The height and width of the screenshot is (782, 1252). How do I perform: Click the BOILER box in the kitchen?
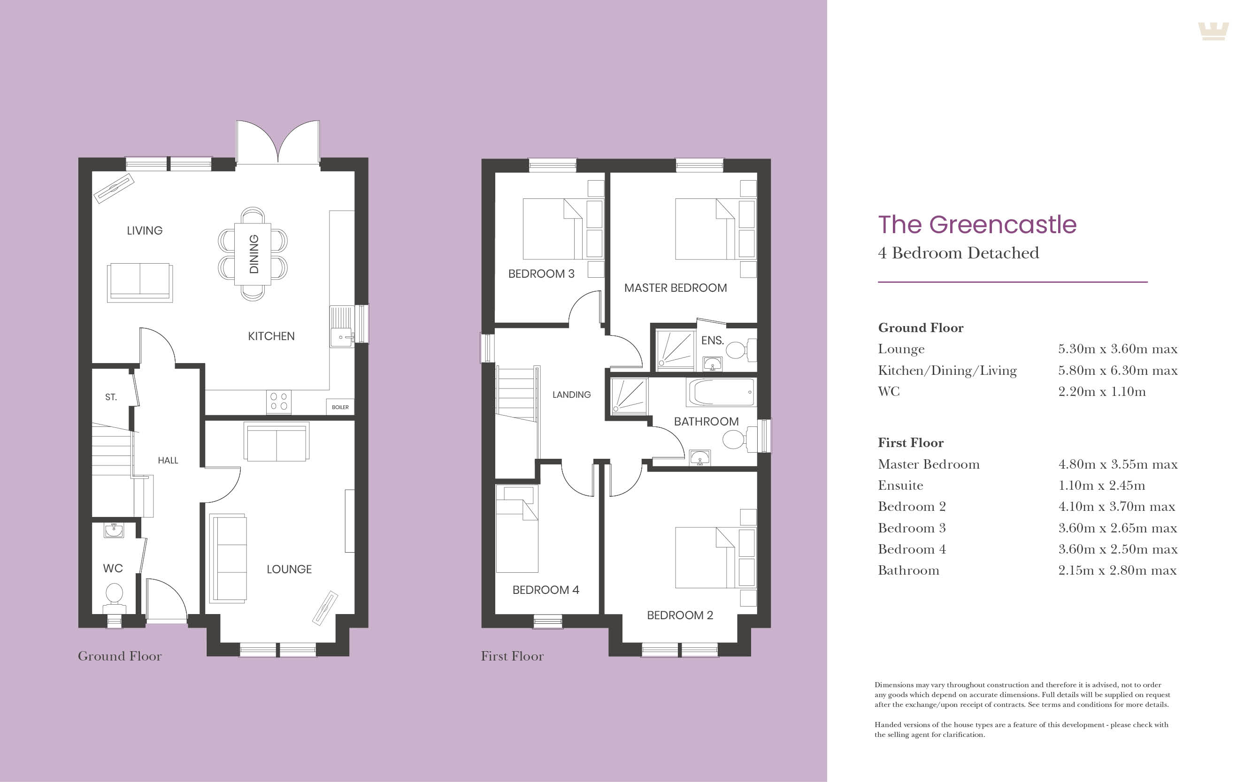click(x=340, y=407)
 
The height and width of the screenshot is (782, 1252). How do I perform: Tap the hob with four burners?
click(x=278, y=402)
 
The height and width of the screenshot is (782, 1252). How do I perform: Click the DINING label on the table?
click(x=253, y=254)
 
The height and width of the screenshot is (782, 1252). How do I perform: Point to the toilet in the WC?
click(x=114, y=595)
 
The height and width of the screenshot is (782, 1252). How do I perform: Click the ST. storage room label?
click(x=111, y=397)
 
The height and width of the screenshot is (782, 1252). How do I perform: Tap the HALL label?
click(x=168, y=460)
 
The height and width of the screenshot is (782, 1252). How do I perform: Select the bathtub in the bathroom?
click(x=721, y=393)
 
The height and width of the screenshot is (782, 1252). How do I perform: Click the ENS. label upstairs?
click(x=712, y=340)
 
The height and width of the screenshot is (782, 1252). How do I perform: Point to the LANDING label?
click(x=571, y=395)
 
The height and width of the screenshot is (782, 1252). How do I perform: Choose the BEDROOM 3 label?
click(x=541, y=273)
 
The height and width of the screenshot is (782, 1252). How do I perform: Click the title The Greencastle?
click(x=976, y=224)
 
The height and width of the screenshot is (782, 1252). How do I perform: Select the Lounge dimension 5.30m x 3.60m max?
click(x=1117, y=349)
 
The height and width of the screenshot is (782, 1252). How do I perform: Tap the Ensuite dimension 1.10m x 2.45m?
click(x=1101, y=486)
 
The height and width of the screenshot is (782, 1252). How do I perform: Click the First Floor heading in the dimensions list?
click(x=910, y=443)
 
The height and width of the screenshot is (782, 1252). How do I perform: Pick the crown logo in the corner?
click(x=1213, y=31)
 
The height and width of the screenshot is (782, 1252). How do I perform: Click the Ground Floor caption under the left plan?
click(x=120, y=656)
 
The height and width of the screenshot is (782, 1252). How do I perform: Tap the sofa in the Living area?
click(x=140, y=282)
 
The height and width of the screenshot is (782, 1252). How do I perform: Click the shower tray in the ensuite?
click(x=676, y=350)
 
